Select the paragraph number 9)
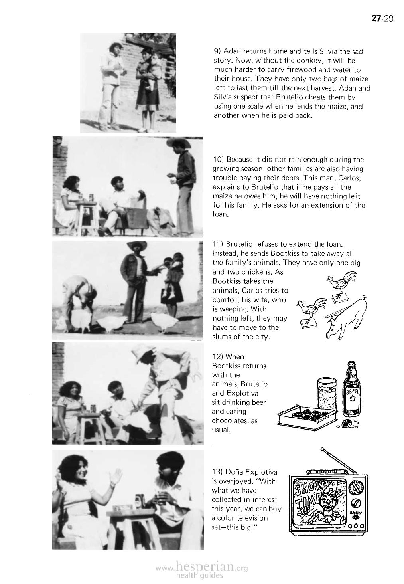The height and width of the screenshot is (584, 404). pos(217,51)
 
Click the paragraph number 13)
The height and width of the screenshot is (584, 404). pos(219,472)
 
